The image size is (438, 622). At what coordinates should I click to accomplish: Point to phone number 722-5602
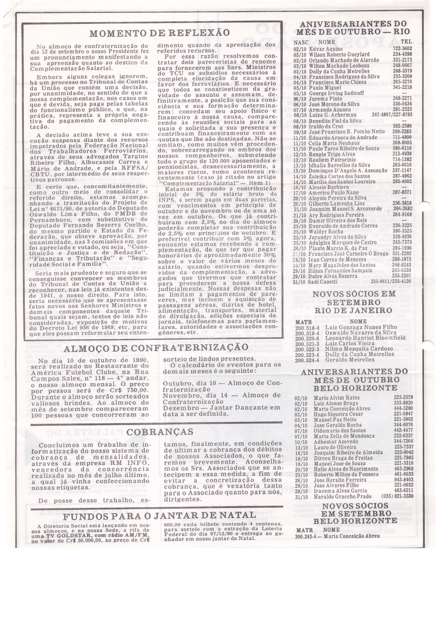pyautogui.click(x=402, y=49)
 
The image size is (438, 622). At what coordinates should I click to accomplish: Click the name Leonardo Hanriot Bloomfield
pyautogui.click(x=359, y=338)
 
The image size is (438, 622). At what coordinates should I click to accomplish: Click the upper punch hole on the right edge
pyautogui.click(x=424, y=207)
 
